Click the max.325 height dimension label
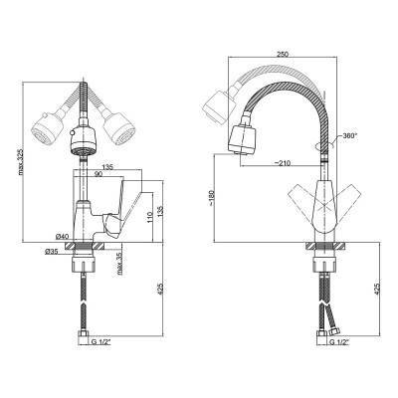tap(21, 162)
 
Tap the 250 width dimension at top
tap(283, 54)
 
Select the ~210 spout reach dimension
tap(283, 163)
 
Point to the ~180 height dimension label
tap(213, 198)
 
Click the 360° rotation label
tap(350, 136)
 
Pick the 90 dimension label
tap(99, 174)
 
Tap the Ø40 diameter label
tap(62, 237)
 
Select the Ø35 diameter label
tap(52, 252)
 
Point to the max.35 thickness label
tap(119, 264)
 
